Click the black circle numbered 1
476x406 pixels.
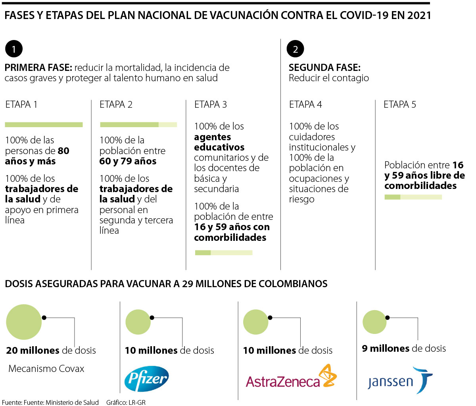tap(14, 49)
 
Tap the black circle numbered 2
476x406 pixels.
tap(295, 49)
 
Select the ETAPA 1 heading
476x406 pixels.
tap(21, 105)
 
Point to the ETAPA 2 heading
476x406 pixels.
tap(116, 105)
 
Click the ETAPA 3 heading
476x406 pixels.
tap(211, 105)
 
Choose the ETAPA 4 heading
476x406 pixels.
tap(305, 105)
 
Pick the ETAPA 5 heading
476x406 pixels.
tap(400, 105)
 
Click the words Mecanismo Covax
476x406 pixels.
tap(46, 369)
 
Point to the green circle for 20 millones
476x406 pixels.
tap(24, 322)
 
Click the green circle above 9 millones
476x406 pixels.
tap(374, 321)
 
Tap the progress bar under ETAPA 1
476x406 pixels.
tap(44, 125)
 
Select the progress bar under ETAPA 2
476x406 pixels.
tap(138, 125)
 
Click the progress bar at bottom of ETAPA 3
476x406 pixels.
tap(224, 253)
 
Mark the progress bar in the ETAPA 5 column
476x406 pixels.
tap(413, 197)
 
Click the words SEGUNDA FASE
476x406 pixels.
tap(324, 68)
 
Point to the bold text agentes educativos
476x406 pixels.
tap(219, 142)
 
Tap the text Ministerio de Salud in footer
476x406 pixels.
tap(72, 402)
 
